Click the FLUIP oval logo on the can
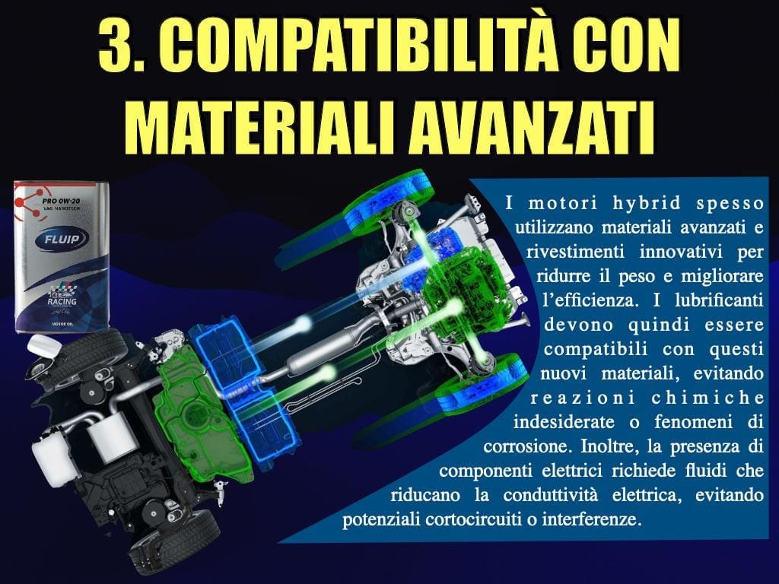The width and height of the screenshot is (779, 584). coord(62,240)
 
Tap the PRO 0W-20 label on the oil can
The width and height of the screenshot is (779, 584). coord(61,201)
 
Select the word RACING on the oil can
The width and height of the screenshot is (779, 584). coord(62,301)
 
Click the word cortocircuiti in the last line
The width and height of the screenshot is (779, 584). coord(476,519)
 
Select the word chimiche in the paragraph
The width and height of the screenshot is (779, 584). coord(707,397)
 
